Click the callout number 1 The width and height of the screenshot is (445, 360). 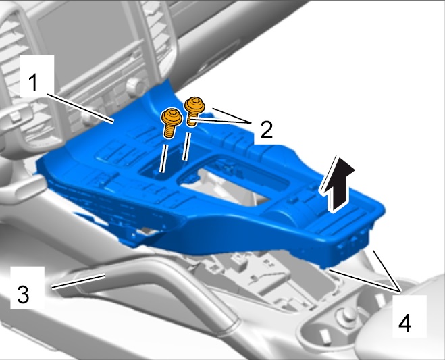34,82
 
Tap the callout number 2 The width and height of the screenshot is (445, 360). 266,129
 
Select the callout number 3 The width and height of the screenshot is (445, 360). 23,294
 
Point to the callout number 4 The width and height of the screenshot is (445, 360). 404,323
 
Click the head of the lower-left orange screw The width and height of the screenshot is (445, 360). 172,116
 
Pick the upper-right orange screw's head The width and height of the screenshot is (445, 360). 194,105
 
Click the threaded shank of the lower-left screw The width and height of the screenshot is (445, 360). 169,131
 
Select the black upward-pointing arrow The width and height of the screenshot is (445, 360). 338,184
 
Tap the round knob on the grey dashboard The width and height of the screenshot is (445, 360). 134,85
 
